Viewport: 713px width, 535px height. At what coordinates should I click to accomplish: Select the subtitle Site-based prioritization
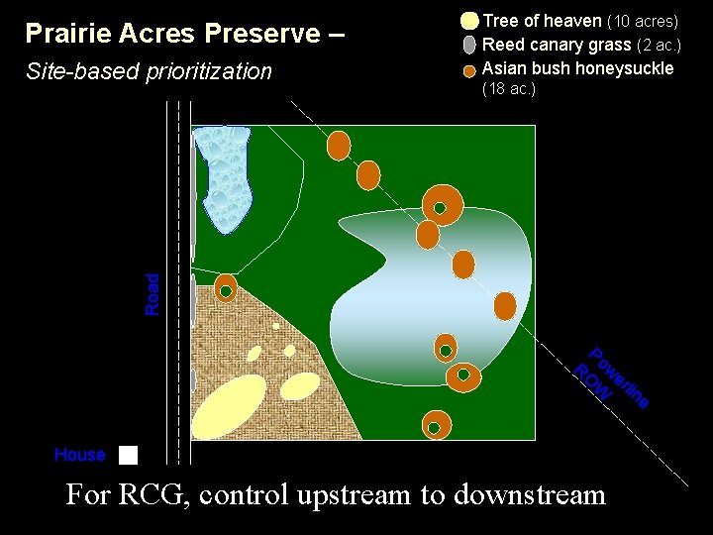point(149,71)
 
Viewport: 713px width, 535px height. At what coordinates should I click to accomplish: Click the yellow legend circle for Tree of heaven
point(469,21)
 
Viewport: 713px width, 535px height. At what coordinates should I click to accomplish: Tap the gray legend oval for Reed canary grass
point(469,45)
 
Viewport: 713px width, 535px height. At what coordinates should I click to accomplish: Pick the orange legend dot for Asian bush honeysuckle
point(469,70)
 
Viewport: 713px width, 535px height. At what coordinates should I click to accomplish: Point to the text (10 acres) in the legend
point(643,21)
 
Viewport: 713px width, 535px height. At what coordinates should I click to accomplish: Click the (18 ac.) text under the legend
point(508,89)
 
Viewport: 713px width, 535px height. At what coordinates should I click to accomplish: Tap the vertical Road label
point(152,294)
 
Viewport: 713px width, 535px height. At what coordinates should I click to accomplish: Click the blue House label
point(80,455)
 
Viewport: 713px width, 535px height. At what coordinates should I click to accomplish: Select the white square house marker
point(128,455)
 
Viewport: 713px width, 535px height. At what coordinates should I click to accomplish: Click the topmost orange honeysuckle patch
point(339,145)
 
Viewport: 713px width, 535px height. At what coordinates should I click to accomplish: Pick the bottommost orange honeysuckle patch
point(435,426)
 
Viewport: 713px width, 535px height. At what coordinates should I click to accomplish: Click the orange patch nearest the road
point(226,288)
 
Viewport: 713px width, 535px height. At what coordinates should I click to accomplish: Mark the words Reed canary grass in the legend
point(557,45)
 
